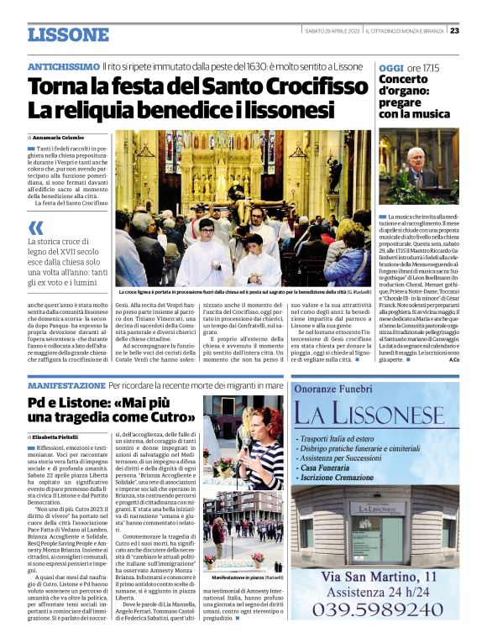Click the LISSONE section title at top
point(68,34)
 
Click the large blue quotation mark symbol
point(36,227)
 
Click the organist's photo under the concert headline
point(417,167)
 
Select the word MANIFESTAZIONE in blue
point(66,385)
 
